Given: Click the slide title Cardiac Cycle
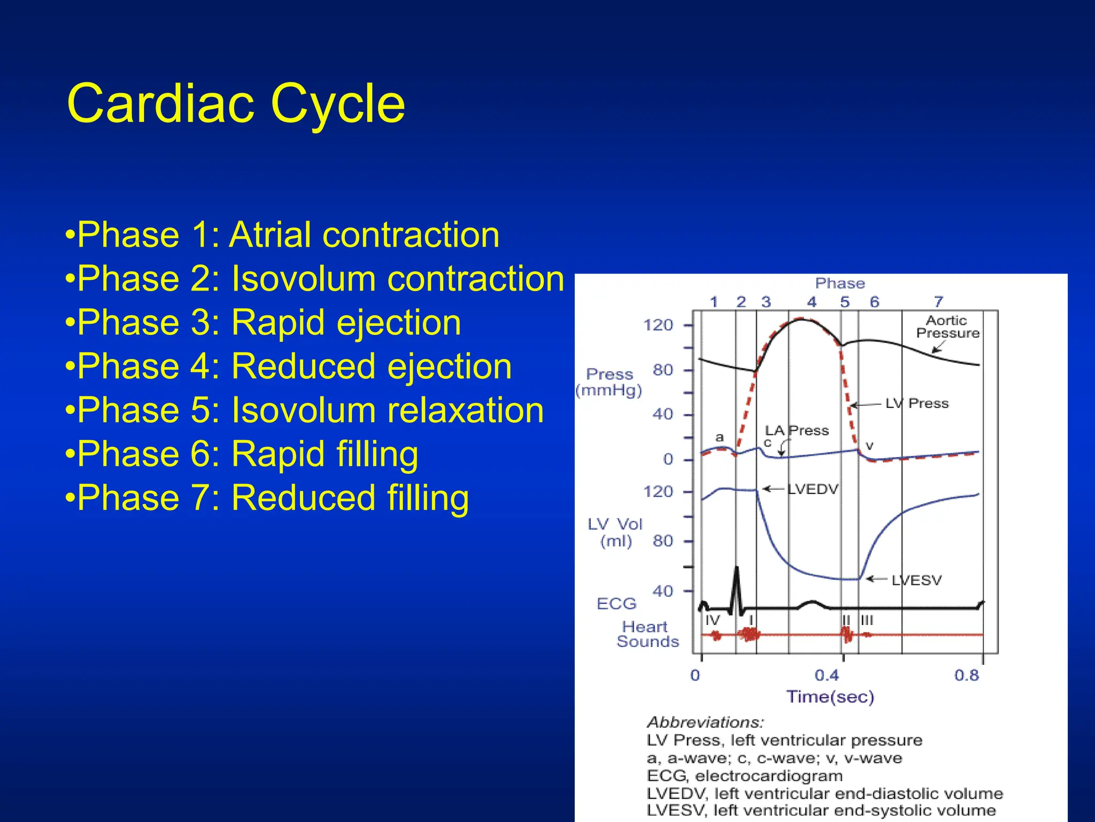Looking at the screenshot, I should pyautogui.click(x=236, y=104).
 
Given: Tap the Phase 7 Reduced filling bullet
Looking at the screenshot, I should pyautogui.click(x=267, y=498).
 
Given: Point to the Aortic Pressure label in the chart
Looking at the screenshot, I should pyautogui.click(x=947, y=327).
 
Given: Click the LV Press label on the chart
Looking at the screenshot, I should pyautogui.click(x=916, y=404).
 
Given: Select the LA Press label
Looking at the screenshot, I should pyautogui.click(x=796, y=430).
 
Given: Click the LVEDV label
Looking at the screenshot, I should pyautogui.click(x=813, y=489).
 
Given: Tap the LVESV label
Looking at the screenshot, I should pyautogui.click(x=916, y=580).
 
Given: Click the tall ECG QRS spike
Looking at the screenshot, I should pyautogui.click(x=737, y=581).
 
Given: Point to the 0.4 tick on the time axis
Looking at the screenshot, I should pyautogui.click(x=827, y=675).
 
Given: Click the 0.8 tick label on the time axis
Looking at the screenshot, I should pyautogui.click(x=967, y=675).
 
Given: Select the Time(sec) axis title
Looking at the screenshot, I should pyautogui.click(x=830, y=697).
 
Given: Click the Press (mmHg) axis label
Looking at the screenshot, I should pyautogui.click(x=609, y=382).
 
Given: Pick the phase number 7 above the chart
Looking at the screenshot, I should pyautogui.click(x=938, y=302).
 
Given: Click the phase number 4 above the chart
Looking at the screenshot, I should pyautogui.click(x=812, y=302).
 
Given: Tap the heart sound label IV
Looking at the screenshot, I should pyautogui.click(x=713, y=620).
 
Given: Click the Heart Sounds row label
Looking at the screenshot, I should pyautogui.click(x=647, y=634).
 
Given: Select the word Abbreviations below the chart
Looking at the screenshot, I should pyautogui.click(x=705, y=722).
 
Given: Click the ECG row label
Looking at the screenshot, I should pyautogui.click(x=616, y=604).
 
